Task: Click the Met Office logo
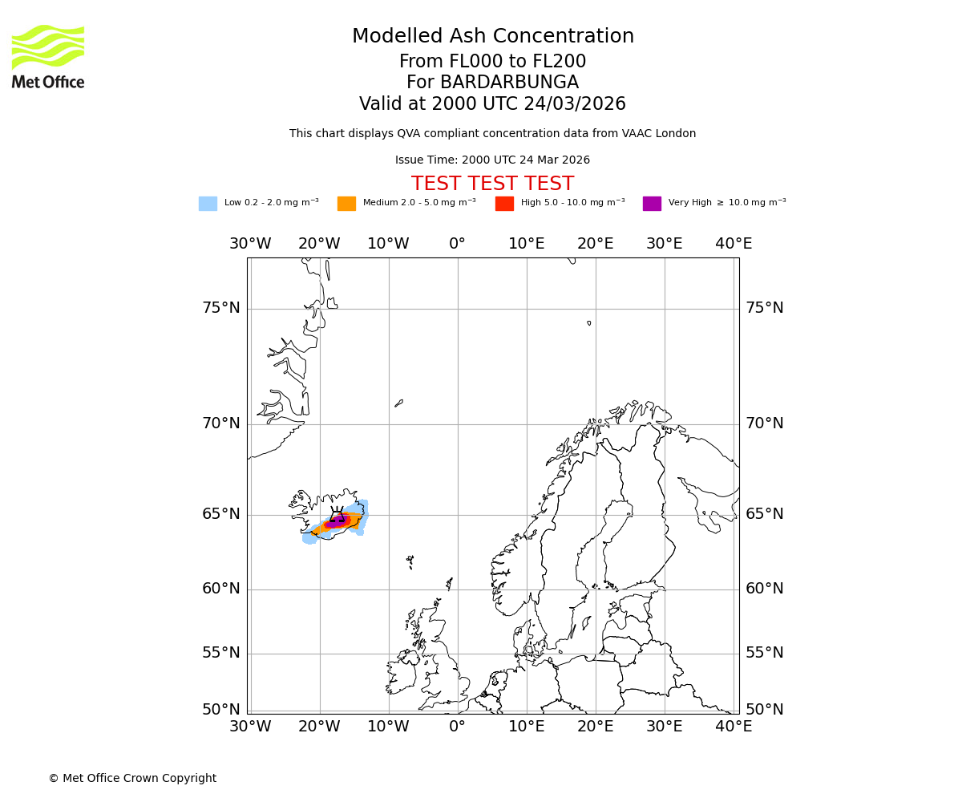coord(48,56)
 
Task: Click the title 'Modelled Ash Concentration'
coord(492,37)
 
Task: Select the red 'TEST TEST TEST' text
coord(492,184)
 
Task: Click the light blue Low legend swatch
coord(208,204)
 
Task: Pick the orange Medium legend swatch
coord(346,204)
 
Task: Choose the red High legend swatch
coord(504,204)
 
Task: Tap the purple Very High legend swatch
coord(652,204)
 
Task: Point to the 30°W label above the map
coord(250,244)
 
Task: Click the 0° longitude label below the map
coord(457,727)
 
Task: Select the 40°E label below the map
coord(734,727)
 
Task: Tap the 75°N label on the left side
coord(220,308)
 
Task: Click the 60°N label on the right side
coord(765,589)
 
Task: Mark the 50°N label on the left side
coord(220,710)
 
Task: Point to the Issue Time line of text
coord(492,160)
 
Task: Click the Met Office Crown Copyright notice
coord(132,778)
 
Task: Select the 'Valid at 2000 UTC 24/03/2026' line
coord(492,104)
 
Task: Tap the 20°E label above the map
coord(596,244)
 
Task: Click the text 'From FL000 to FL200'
coord(492,62)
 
